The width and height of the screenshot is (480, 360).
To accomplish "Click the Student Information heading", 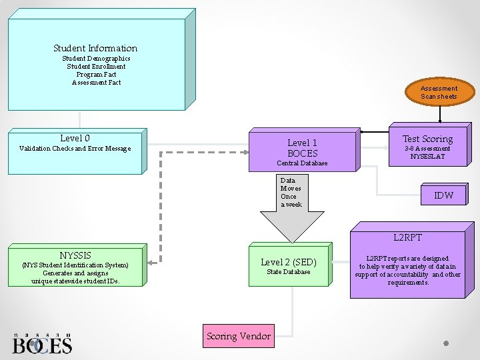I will pyautogui.click(x=95, y=48).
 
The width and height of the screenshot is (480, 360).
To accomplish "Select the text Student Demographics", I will pyautogui.click(x=96, y=59).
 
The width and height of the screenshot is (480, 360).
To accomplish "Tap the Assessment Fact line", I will pyautogui.click(x=96, y=83).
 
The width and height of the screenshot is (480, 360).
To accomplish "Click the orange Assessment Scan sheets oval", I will pyautogui.click(x=439, y=93).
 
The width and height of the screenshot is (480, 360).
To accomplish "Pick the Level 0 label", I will pyautogui.click(x=75, y=138).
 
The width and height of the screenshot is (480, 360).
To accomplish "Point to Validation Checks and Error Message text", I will pyautogui.click(x=75, y=149).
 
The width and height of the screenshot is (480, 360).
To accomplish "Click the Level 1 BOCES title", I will pyautogui.click(x=302, y=148).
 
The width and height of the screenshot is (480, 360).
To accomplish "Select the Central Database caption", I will pyautogui.click(x=302, y=163).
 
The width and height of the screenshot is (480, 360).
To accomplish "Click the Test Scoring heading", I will pyautogui.click(x=427, y=139).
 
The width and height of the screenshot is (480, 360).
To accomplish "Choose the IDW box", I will pyautogui.click(x=443, y=195).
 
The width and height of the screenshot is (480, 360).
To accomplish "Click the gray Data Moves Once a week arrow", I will pyautogui.click(x=291, y=207).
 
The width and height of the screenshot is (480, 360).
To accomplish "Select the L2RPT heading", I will pyautogui.click(x=407, y=237).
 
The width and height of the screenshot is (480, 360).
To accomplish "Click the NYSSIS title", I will pyautogui.click(x=75, y=255).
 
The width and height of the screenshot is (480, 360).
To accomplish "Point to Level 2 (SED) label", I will pyautogui.click(x=288, y=262).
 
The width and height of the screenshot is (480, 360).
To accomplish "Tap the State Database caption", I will pyautogui.click(x=288, y=272).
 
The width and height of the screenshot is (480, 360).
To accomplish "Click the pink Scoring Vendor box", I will pyautogui.click(x=238, y=336).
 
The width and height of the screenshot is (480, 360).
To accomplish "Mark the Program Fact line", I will pyautogui.click(x=96, y=75).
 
